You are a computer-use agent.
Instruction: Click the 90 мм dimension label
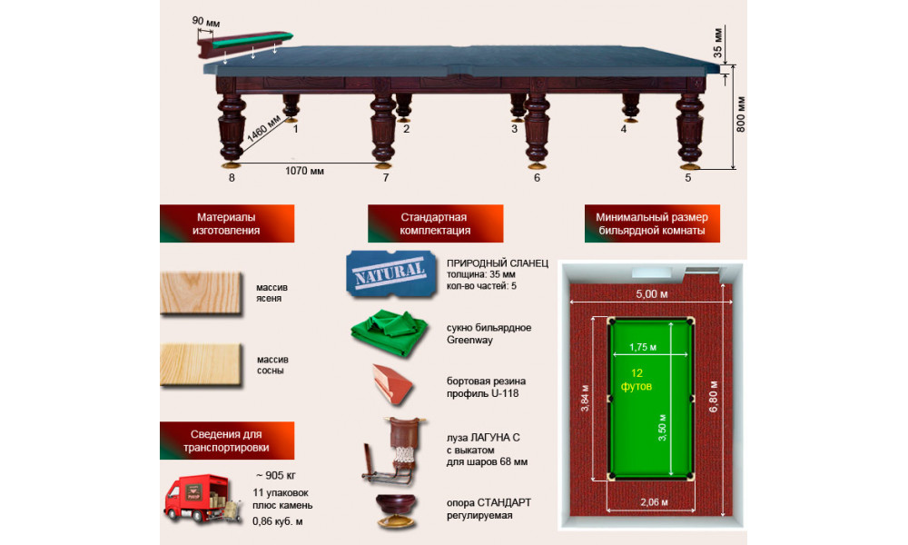(x=205, y=22)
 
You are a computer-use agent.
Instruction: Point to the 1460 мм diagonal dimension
(x=264, y=133)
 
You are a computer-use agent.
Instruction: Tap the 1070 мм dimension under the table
(x=304, y=171)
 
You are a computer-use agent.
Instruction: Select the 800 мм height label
(x=740, y=114)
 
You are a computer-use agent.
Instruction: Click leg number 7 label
(x=386, y=178)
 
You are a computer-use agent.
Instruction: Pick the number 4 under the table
(x=623, y=129)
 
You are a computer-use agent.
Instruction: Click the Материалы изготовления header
(x=226, y=223)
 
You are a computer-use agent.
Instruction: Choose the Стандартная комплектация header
(x=435, y=223)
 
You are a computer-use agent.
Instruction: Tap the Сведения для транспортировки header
(x=226, y=441)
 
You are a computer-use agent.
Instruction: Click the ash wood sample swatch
(x=201, y=293)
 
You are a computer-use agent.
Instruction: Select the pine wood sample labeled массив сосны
(x=201, y=365)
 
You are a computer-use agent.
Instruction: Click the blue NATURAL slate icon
(x=390, y=274)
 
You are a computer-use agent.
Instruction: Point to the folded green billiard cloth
(x=390, y=333)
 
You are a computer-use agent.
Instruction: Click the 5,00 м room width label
(x=651, y=294)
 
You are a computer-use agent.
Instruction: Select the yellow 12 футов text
(x=637, y=380)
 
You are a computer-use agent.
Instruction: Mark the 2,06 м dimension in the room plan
(x=654, y=502)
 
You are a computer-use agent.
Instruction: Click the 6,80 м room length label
(x=714, y=396)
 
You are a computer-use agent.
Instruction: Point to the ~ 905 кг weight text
(x=276, y=475)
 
